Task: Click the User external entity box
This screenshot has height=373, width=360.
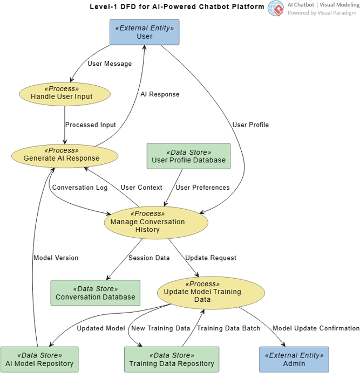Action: [x=145, y=32]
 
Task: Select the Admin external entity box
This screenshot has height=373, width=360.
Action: [x=294, y=360]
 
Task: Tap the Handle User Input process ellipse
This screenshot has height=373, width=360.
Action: [x=65, y=93]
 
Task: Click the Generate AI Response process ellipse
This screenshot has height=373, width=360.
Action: [x=64, y=154]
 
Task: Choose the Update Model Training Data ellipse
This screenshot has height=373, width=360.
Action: [x=211, y=292]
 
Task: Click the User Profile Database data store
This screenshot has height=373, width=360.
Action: [x=188, y=156]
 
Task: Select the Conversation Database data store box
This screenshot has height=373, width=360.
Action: [x=95, y=293]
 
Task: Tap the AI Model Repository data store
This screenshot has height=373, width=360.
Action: [x=39, y=360]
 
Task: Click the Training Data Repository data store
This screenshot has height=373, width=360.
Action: [x=171, y=360]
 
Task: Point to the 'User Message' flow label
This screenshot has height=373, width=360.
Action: [x=109, y=64]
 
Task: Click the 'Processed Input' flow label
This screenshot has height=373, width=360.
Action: [x=90, y=125]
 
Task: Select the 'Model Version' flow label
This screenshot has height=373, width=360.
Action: [x=56, y=258]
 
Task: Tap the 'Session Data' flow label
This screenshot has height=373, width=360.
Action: [x=149, y=258]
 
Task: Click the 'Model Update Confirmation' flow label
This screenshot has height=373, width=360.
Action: [x=316, y=328]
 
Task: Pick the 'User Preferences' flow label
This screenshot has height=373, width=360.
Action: [x=203, y=188]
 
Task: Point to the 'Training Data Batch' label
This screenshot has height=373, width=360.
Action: [x=228, y=328]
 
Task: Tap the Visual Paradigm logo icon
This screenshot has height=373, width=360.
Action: [x=276, y=8]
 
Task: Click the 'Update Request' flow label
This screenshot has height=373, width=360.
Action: [x=210, y=258]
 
